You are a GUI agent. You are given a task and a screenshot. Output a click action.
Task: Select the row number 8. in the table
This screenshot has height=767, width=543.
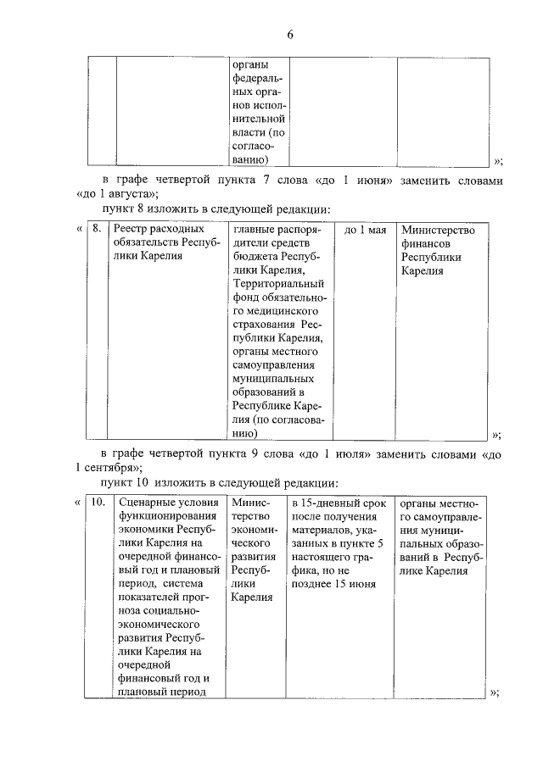(x=98, y=230)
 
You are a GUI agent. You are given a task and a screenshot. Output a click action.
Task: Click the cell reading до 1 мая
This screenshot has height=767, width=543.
(x=366, y=230)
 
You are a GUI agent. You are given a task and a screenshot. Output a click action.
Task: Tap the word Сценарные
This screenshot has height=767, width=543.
(x=146, y=502)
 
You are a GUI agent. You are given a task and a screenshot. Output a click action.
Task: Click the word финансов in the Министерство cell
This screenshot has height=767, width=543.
(x=430, y=243)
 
